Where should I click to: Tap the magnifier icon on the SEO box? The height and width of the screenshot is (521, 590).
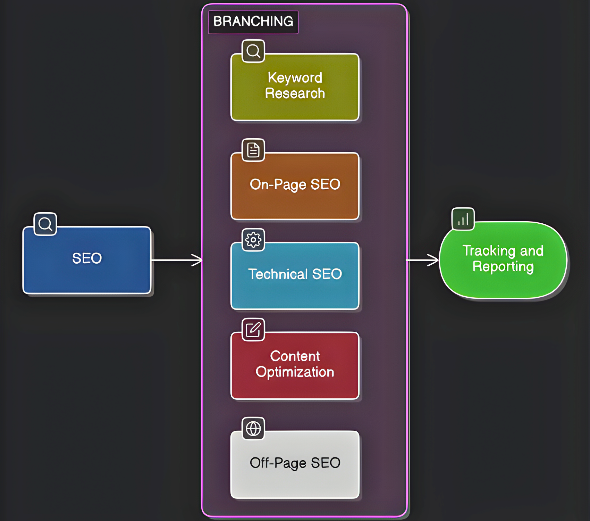point(45,224)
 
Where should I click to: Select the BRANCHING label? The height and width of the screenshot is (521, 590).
point(253,22)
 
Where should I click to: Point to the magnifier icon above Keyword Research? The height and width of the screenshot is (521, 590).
point(253,51)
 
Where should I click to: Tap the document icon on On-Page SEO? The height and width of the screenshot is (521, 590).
point(253,150)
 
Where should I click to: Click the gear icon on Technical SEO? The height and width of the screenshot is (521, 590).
point(253,240)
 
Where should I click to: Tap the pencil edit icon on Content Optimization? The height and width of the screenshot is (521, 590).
point(253,330)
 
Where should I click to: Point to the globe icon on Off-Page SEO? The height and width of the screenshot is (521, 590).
point(253,429)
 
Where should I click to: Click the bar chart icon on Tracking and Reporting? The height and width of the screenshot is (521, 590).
point(463,219)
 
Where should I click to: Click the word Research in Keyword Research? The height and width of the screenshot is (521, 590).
point(295,93)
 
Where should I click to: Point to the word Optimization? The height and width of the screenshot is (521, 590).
point(295,372)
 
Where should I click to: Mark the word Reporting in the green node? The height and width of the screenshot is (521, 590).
point(503,267)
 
